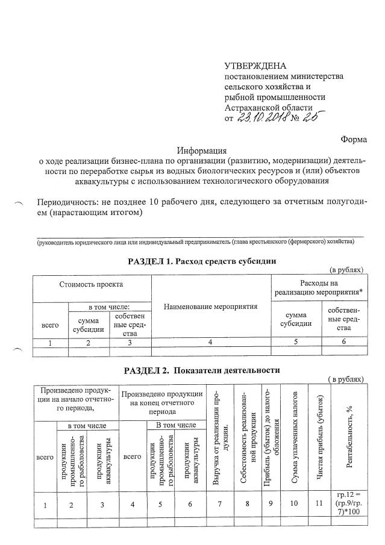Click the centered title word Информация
point(201,151)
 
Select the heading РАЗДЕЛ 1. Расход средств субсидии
point(202,261)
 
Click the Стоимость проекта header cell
point(91,284)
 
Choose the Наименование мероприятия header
point(211,307)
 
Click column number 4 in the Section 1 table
point(211,343)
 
